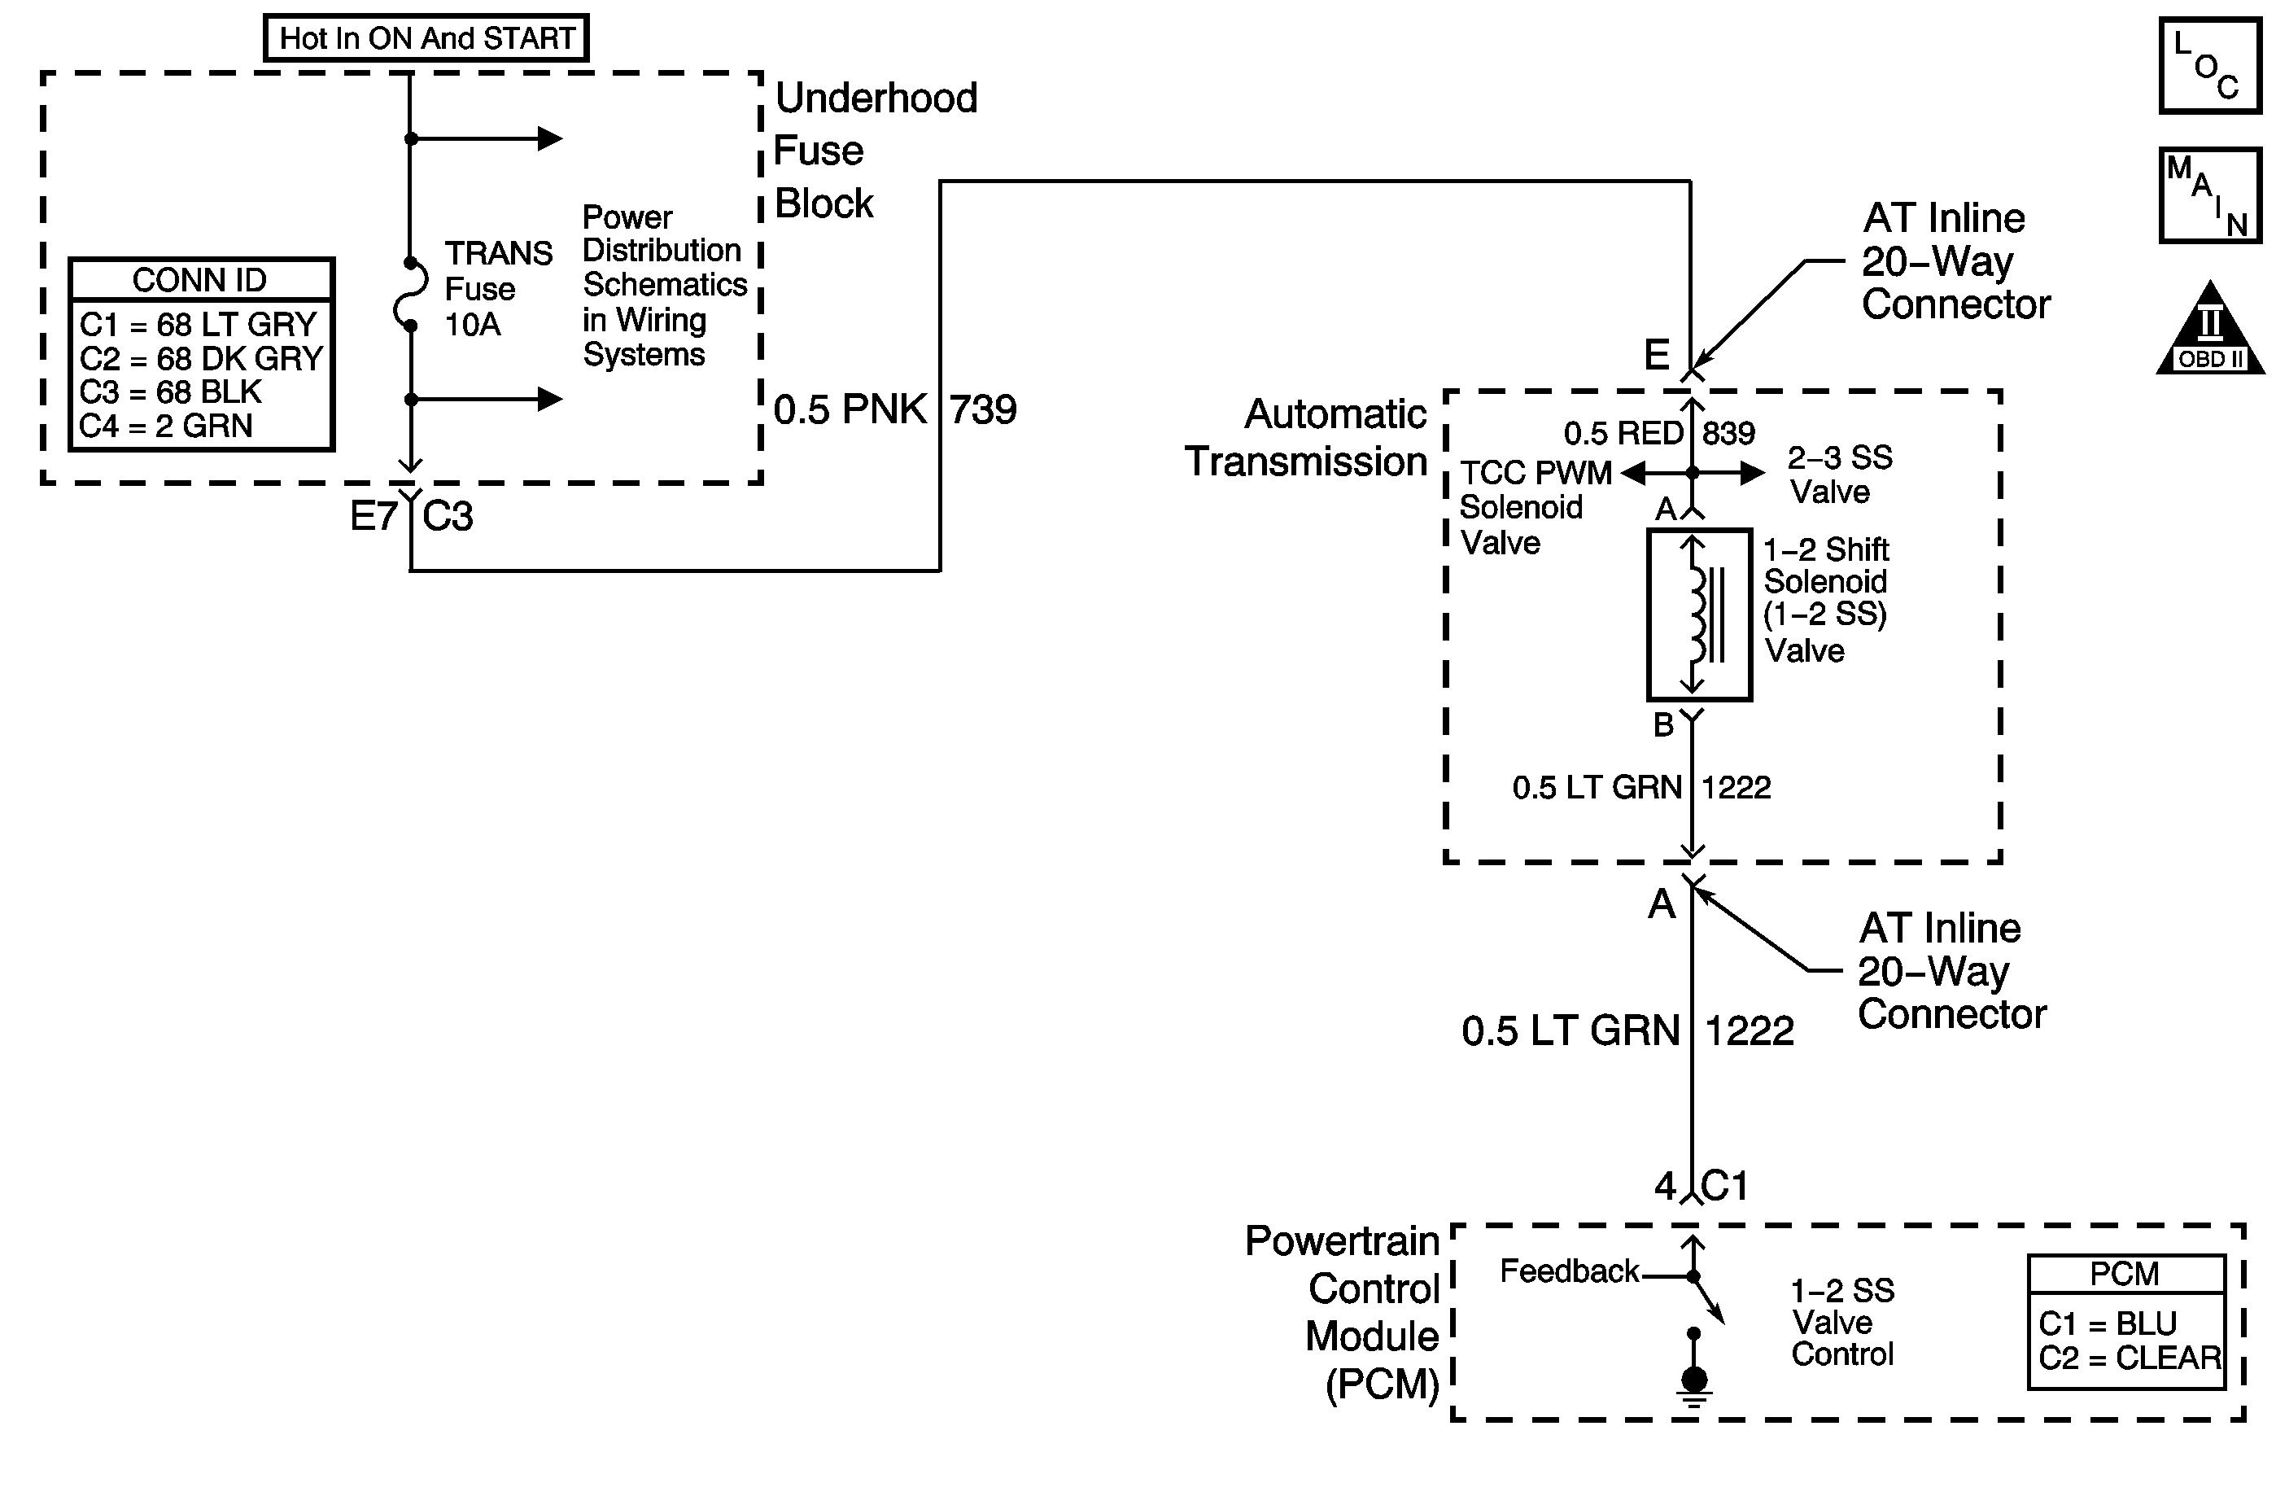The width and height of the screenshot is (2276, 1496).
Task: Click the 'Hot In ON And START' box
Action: tap(426, 38)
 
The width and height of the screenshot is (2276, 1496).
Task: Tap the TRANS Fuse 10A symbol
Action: tap(411, 295)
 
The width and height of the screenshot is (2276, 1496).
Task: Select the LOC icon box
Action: tap(2209, 65)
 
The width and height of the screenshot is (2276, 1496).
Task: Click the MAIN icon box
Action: tap(2209, 195)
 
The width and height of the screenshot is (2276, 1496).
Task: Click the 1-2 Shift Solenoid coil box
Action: tap(1698, 615)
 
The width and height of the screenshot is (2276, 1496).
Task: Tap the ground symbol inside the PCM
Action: tap(1693, 1385)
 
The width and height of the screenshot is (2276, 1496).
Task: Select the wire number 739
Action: tap(982, 410)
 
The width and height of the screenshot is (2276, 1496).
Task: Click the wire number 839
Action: tap(1728, 433)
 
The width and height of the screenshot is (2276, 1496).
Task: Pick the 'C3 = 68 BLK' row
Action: tap(170, 392)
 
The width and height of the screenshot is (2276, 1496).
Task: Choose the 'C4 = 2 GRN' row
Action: tap(165, 426)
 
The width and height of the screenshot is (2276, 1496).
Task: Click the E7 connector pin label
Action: tap(373, 517)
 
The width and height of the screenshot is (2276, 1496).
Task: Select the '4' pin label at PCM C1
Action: tap(1665, 1187)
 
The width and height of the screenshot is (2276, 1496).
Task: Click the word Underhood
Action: tap(876, 98)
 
